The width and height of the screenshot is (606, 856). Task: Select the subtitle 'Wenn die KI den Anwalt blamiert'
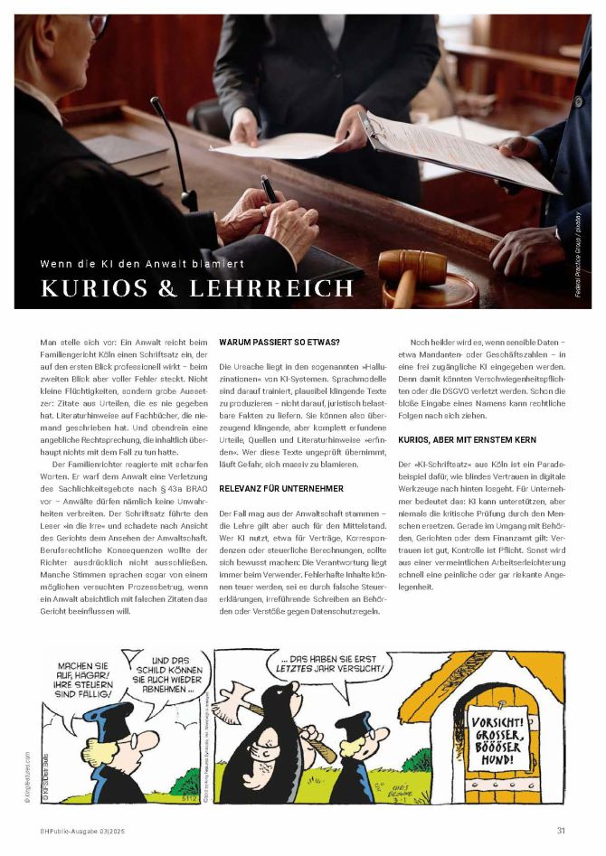142,264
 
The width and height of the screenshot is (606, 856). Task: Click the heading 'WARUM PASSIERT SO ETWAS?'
279,343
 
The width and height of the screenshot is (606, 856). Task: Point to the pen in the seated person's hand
270,189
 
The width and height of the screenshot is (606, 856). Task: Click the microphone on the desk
171,149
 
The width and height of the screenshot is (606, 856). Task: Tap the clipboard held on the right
461,149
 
